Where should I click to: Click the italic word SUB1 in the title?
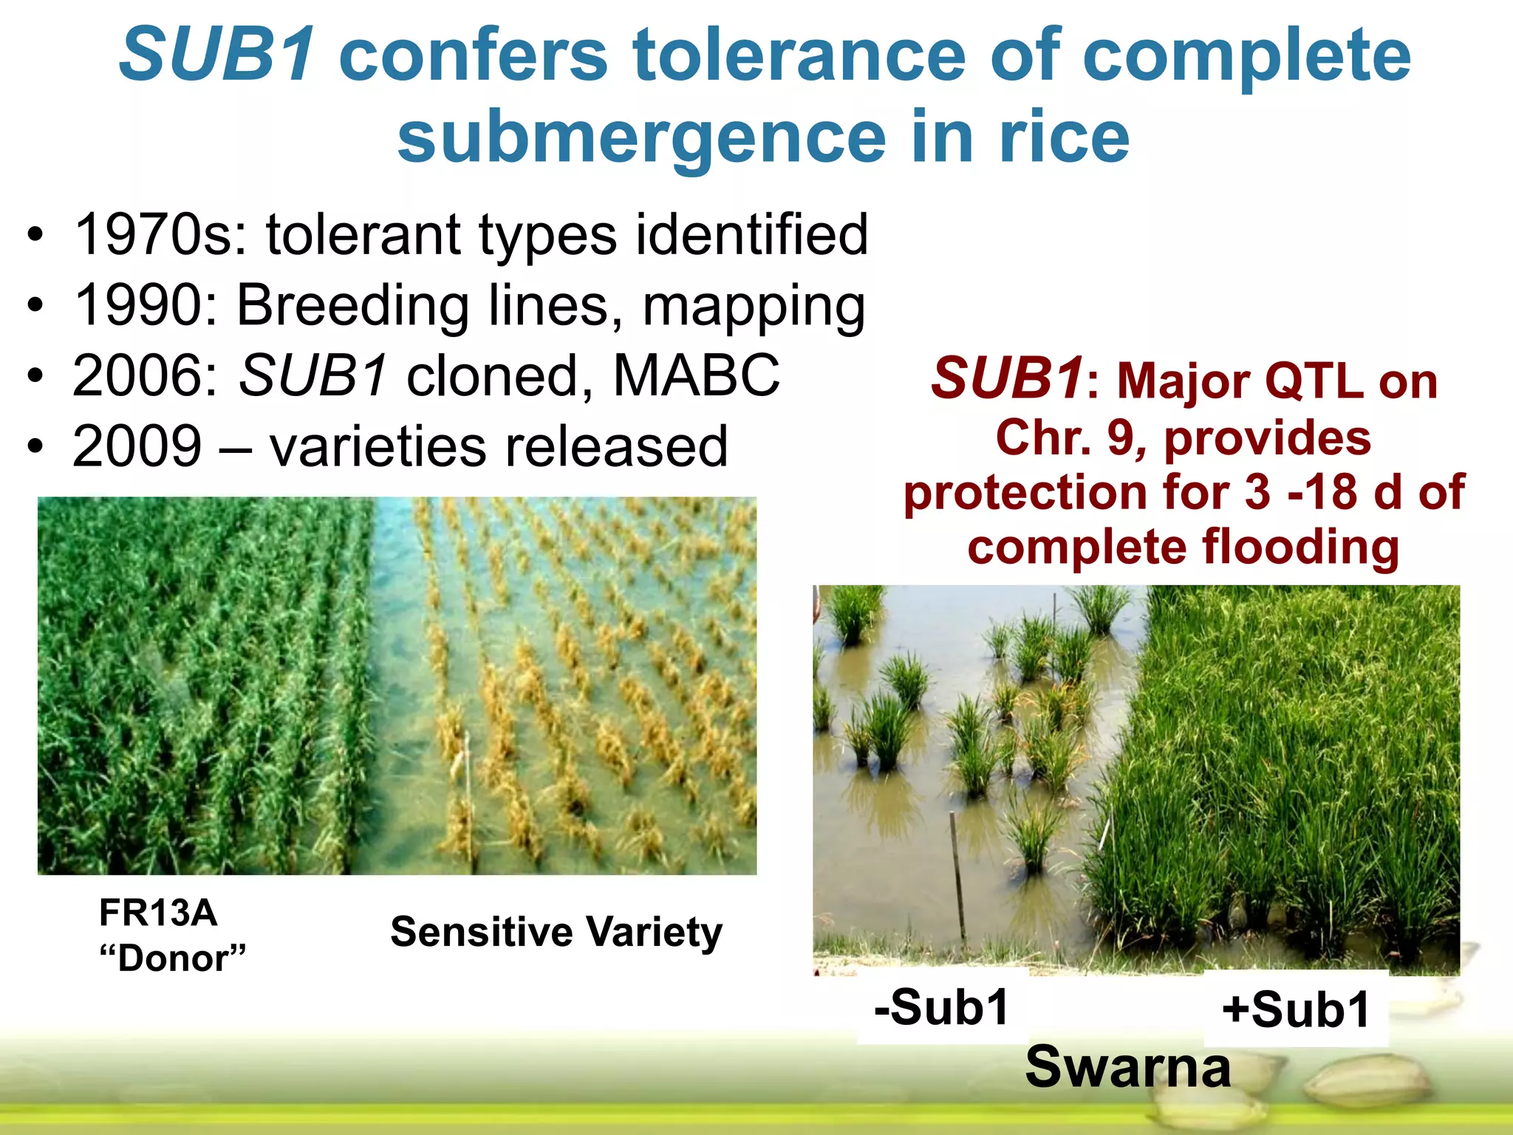coord(219,55)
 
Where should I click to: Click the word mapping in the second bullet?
coord(754,306)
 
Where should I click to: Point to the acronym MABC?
coord(696,375)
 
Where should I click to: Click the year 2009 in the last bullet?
coord(137,446)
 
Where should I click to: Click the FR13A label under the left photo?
coord(158,913)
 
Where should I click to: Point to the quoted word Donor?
coord(173,958)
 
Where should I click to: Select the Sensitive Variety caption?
coord(556,932)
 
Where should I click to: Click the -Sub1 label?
coord(941,1006)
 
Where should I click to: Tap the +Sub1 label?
coord(1296,1009)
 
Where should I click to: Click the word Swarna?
coord(1127,1067)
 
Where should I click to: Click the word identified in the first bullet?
coord(752,235)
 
